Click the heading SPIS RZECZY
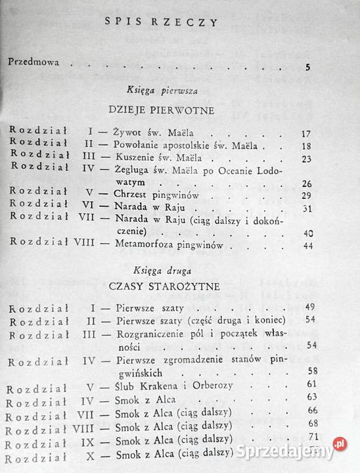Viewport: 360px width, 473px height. (162, 21)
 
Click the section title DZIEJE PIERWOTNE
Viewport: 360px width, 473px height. (162, 110)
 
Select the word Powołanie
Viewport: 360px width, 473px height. (140, 145)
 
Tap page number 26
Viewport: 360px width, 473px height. (305, 184)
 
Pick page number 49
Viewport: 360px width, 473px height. (311, 307)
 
